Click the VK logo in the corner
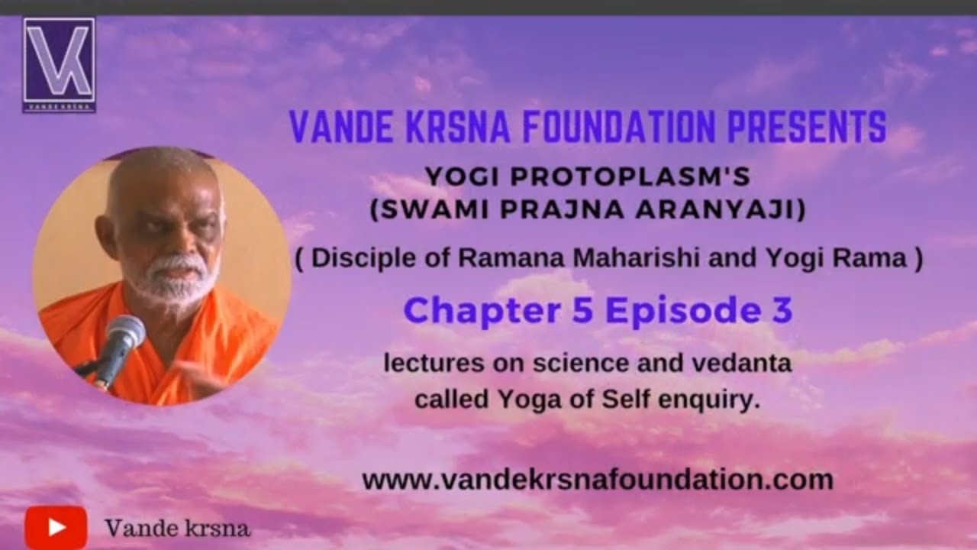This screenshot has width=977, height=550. click(x=59, y=65)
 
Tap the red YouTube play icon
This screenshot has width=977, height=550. click(x=56, y=527)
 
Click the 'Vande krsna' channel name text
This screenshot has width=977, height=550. click(x=177, y=528)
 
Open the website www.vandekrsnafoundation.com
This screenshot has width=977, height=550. click(x=597, y=480)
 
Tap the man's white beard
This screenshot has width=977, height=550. click(x=172, y=283)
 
